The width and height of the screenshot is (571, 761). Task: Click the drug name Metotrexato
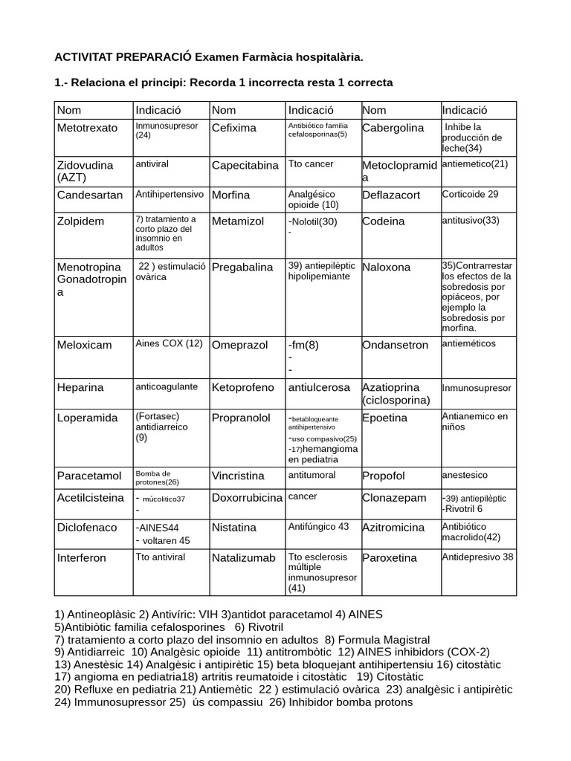pos(87,128)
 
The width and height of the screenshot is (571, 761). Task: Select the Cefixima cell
pos(233,128)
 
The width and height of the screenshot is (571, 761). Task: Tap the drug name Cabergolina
pos(393,128)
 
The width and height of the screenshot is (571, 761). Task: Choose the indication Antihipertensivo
pos(169,194)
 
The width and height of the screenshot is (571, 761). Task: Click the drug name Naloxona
pos(386,267)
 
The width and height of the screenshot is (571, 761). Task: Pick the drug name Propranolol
pos(241,418)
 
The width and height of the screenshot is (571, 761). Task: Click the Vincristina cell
pos(239,475)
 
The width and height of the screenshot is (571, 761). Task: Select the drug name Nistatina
pos(234,528)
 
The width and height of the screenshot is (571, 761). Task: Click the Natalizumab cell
pos(243,557)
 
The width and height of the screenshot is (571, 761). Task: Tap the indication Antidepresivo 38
pos(477,556)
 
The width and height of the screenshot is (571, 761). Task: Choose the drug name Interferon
pos(82,557)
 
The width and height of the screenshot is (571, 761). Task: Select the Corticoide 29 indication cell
pos(470,194)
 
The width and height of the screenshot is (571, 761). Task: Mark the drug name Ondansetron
pos(396,345)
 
